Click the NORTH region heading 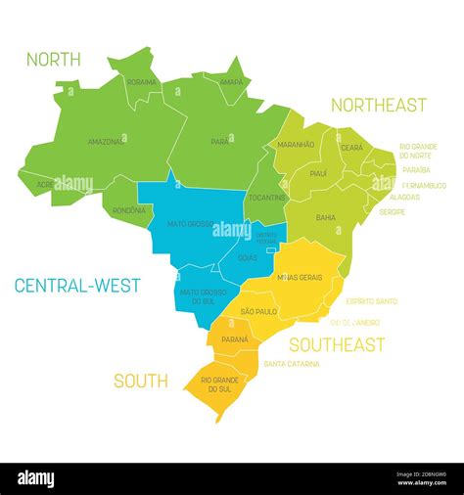coord(54,60)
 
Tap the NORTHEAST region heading coord(378,105)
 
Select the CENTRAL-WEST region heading coord(77,286)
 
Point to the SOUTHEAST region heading coord(336,344)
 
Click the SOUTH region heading coord(140,382)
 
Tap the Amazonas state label coord(106,141)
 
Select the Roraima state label coord(142,82)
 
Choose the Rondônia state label coord(129,209)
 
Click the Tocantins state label coord(267,198)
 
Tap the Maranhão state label coord(296,145)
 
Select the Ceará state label coord(351,147)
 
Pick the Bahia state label coord(326,217)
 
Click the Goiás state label coord(248,258)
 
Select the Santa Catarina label coord(292,363)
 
